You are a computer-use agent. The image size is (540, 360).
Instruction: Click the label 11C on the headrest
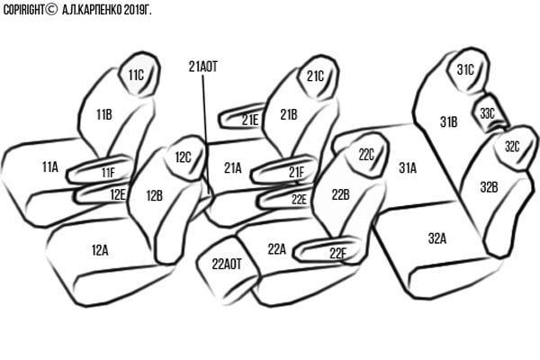click(136, 75)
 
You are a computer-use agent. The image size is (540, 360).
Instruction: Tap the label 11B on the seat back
click(103, 114)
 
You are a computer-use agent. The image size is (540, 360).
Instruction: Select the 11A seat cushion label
click(49, 166)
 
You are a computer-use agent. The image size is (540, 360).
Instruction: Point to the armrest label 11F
click(108, 172)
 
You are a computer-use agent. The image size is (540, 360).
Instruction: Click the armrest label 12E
click(118, 193)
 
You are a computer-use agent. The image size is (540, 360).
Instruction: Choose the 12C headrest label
click(184, 157)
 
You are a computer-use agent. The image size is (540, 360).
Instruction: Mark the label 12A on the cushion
click(99, 249)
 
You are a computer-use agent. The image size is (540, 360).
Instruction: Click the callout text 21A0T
click(203, 67)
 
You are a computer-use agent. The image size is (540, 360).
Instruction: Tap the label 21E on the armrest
click(250, 119)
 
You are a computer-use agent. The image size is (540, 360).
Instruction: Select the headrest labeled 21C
click(315, 76)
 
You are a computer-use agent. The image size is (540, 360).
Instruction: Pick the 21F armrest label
click(296, 172)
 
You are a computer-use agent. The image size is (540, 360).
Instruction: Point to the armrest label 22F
click(337, 253)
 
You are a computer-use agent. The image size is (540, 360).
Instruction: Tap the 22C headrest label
click(366, 154)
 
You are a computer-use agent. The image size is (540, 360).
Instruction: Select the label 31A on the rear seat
click(408, 167)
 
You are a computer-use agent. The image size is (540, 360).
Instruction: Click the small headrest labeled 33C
click(487, 113)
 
